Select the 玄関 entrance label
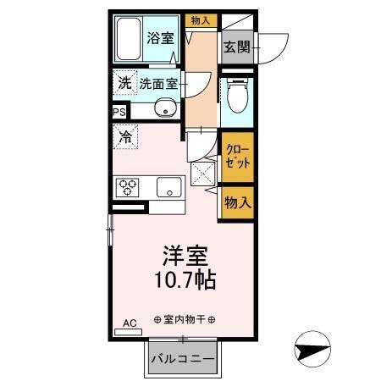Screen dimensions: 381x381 (236, 47)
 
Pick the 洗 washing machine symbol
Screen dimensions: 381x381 (124, 83)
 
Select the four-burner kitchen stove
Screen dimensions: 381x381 (128, 186)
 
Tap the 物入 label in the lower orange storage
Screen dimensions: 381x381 (237, 203)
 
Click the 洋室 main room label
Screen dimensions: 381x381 (185, 255)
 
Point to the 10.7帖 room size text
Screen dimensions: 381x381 (185, 279)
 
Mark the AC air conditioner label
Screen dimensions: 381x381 (130, 323)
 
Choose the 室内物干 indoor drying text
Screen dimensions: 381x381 (185, 319)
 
